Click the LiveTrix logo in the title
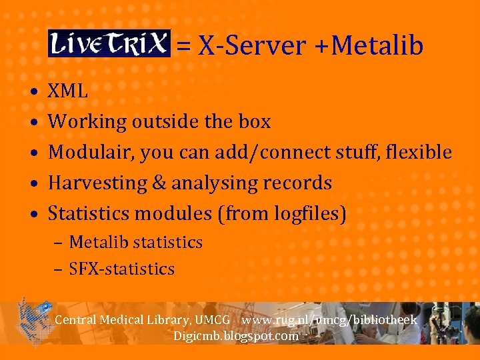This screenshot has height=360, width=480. click(x=109, y=44)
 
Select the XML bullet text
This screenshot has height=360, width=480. click(x=68, y=91)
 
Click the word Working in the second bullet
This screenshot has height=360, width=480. click(x=87, y=122)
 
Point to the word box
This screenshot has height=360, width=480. click(x=255, y=122)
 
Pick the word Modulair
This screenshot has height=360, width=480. click(x=91, y=152)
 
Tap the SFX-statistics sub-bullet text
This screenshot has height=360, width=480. click(x=122, y=269)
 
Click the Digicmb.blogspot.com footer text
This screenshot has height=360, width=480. click(x=236, y=335)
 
